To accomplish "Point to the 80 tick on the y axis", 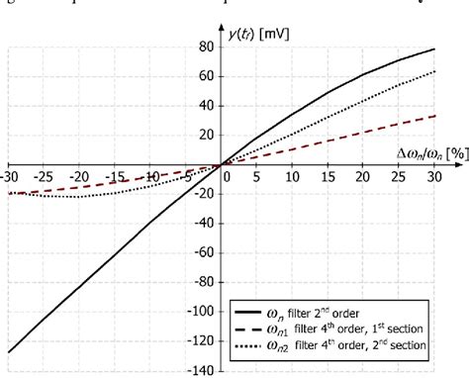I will tap(205, 46).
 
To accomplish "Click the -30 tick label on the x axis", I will tap(10, 176).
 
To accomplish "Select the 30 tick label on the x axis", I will tap(433, 176).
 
